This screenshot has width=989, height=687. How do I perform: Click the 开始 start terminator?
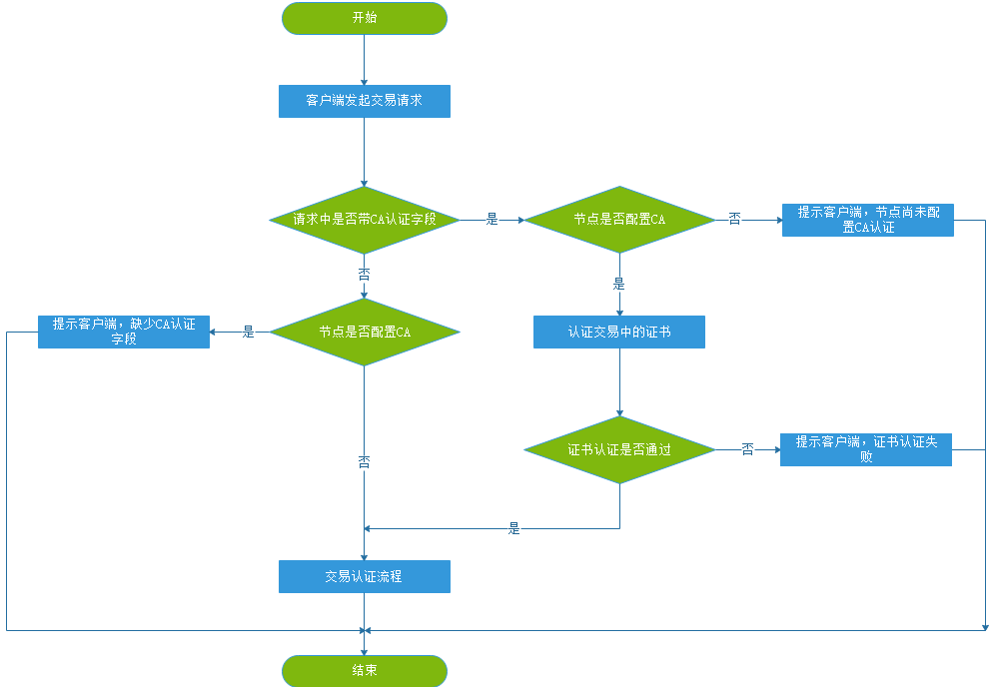coord(365,18)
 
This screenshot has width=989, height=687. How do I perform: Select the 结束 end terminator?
coord(365,671)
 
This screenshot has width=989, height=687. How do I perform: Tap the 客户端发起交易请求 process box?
coord(365,101)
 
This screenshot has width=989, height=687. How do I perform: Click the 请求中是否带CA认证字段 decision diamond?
coord(365,219)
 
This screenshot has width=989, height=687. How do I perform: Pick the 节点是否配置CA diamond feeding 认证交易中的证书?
coord(619,219)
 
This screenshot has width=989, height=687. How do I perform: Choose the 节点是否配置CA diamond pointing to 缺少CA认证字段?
coord(365,332)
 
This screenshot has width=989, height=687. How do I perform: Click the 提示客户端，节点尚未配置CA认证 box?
coord(867,220)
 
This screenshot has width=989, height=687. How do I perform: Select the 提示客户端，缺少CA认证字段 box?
coord(124,332)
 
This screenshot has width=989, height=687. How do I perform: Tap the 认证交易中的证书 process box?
coord(619,332)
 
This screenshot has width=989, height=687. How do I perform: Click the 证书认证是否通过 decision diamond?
coord(619,449)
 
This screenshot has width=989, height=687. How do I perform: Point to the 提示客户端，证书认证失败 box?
coord(866,449)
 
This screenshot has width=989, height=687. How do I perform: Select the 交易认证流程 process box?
coord(365,576)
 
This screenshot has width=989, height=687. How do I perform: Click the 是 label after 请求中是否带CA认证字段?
coord(492,219)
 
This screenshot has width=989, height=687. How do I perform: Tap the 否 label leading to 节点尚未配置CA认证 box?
coord(734,219)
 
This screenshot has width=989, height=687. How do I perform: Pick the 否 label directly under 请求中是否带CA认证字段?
coord(364,274)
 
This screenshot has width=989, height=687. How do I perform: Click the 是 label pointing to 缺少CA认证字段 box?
coord(248,332)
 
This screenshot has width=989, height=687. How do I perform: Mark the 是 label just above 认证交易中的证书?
coord(618,284)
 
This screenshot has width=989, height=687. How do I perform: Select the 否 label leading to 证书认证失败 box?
coord(747,449)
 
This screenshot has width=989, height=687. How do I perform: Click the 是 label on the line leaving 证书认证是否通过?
coord(513,528)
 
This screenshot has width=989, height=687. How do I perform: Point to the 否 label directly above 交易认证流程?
coord(364,462)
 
